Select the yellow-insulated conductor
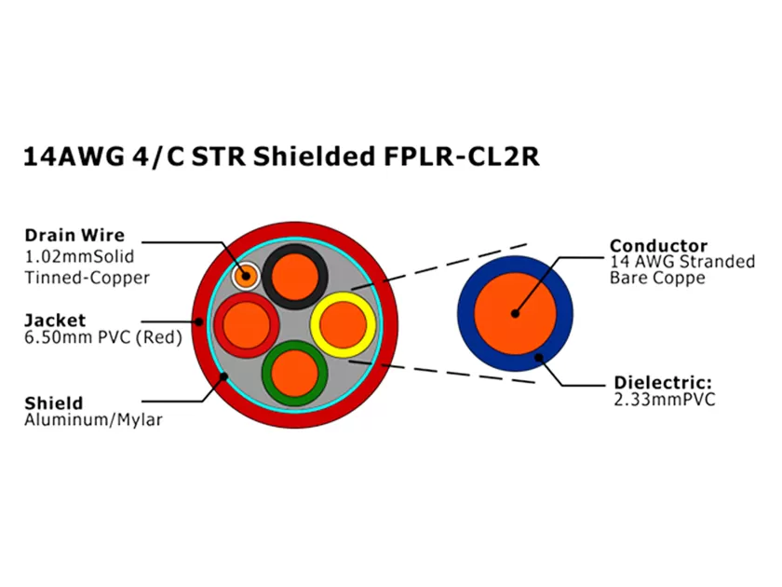343,324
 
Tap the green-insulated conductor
292,370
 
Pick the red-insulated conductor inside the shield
244,325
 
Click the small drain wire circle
247,275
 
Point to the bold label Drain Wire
74,235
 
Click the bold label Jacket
54,320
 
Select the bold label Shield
53,403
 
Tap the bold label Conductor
658,246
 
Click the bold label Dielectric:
662,383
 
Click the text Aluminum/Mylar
93,420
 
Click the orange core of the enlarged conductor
514,314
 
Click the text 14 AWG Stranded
682,262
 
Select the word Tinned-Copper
87,277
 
